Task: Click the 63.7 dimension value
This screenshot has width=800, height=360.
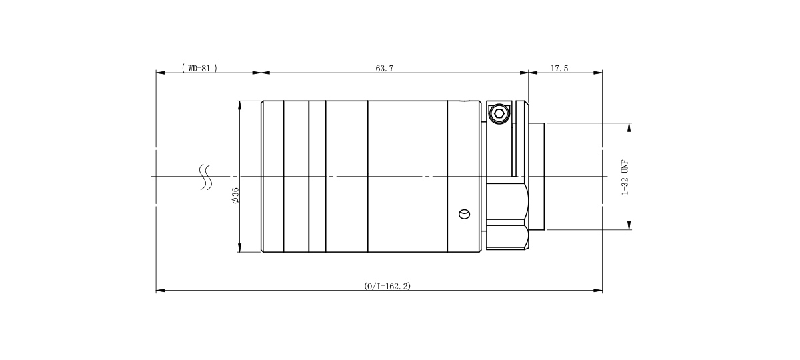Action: (384, 68)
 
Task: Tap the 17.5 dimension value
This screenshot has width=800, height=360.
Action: (559, 68)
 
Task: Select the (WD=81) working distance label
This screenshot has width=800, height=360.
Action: (199, 68)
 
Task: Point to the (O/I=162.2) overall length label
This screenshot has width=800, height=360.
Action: (387, 286)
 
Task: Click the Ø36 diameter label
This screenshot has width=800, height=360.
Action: (235, 195)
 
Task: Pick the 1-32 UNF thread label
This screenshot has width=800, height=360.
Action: (625, 177)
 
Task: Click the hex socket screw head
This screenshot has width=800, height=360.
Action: (499, 113)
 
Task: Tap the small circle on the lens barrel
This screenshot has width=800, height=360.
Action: (464, 214)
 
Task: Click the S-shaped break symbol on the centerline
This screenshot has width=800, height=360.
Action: (206, 177)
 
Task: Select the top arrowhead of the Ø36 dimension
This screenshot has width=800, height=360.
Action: (239, 105)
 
